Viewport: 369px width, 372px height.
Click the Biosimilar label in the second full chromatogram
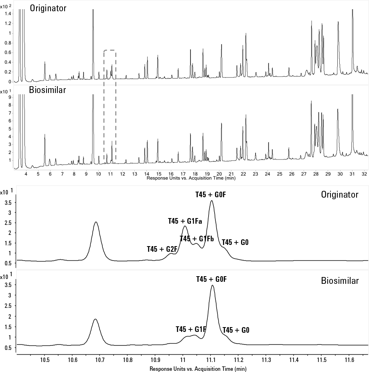[47, 90]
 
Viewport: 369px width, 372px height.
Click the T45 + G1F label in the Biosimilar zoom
[191, 329]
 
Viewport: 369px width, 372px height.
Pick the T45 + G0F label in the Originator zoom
[211, 194]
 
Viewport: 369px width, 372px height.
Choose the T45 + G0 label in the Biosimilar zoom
[236, 330]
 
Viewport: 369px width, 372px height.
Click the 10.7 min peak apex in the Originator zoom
[95, 222]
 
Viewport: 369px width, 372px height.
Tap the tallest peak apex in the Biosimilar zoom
[212, 285]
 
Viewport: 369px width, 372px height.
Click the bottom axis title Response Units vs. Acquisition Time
[198, 368]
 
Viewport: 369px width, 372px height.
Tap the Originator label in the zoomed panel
[339, 195]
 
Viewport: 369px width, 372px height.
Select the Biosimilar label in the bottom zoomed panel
[340, 281]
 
